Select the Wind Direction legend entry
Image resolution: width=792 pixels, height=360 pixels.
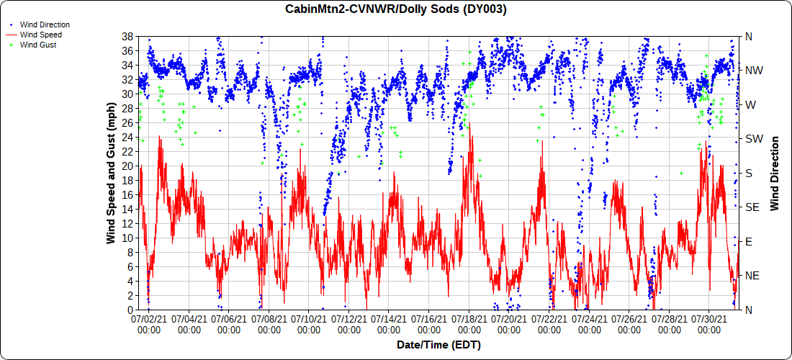45,24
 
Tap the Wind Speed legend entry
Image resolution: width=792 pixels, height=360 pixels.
40,35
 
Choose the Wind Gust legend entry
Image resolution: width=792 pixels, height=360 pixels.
38,45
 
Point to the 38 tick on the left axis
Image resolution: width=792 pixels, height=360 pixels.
127,37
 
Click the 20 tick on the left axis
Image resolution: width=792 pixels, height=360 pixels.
127,166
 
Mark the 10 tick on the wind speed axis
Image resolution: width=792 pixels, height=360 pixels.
127,238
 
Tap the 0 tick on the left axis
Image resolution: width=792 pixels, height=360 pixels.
130,310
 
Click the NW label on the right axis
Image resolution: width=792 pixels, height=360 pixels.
754,71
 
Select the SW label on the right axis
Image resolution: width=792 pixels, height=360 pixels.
754,139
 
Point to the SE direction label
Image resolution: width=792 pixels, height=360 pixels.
752,207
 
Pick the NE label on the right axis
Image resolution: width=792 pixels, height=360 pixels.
752,276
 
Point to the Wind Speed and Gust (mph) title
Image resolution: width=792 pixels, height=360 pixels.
112,173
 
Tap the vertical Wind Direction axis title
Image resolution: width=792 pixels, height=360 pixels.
775,173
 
